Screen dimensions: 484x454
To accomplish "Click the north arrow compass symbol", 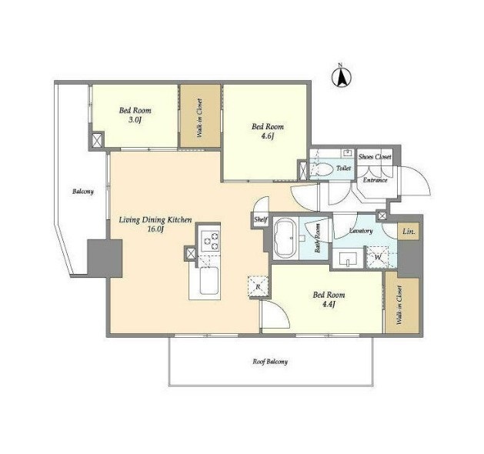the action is [x=342, y=77].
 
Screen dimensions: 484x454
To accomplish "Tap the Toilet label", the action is [x=343, y=169].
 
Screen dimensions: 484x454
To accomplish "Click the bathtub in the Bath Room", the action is [x=285, y=238].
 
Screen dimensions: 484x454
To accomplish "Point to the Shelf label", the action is [x=261, y=220].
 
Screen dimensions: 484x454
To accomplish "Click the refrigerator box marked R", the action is [x=259, y=287].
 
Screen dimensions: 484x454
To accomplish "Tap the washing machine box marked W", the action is [x=378, y=257].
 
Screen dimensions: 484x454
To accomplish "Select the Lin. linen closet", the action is [x=409, y=231].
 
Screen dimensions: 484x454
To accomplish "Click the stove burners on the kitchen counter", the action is [x=209, y=241].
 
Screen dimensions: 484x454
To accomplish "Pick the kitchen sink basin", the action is [x=209, y=281].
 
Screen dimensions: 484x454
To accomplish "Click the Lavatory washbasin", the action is [x=348, y=259].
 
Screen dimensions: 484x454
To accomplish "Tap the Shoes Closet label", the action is [x=375, y=157].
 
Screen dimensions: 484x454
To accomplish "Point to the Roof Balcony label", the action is [x=270, y=362].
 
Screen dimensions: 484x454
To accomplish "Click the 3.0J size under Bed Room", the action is [x=135, y=120].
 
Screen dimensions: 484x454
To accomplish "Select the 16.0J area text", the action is [x=155, y=229].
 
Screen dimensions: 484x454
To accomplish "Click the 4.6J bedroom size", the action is [x=268, y=135].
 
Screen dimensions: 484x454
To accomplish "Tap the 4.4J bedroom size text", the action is [x=329, y=304].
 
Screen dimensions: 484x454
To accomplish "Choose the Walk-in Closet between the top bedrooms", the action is [x=200, y=116].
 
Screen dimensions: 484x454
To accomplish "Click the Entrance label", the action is [x=375, y=180].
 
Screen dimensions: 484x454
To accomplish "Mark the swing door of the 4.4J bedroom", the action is [x=275, y=315].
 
